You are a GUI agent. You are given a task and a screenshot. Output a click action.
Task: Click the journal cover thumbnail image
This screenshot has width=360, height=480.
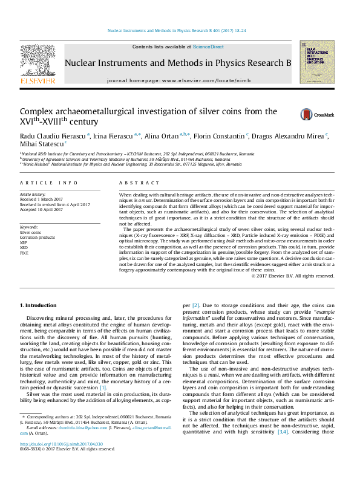click(316, 62)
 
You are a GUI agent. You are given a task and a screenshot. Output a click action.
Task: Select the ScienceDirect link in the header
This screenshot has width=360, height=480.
click(208, 47)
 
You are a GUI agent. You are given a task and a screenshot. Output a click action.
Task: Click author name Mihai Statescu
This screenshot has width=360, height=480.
click(42, 144)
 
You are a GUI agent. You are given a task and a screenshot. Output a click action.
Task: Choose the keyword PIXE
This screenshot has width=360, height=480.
click(25, 253)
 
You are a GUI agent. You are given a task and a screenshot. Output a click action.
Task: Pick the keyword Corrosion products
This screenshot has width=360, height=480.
click(38, 237)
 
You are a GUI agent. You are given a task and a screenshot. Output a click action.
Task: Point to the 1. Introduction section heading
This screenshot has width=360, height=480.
click(38, 306)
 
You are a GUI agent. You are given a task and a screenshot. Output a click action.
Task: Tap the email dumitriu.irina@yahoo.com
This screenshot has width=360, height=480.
click(74, 428)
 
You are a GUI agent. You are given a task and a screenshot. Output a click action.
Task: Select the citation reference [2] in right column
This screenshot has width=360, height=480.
click(195, 306)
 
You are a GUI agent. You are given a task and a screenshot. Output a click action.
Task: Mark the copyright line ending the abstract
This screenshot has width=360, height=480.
click(293, 276)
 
